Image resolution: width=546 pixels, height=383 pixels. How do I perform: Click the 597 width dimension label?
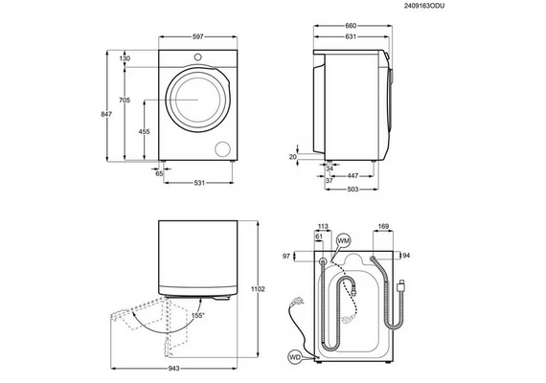(197, 36)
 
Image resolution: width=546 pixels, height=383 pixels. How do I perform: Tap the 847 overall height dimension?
(106, 114)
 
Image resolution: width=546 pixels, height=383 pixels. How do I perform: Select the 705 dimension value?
(125, 101)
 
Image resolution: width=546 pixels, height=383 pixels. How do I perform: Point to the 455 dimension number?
(144, 131)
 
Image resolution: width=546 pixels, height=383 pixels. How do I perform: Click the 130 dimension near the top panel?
(125, 58)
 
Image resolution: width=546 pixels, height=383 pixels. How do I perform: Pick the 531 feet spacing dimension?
(199, 183)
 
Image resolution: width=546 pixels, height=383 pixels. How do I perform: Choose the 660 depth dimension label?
(351, 26)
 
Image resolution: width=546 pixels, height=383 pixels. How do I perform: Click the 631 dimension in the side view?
(351, 36)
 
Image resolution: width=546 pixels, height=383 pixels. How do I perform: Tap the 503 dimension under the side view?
(353, 190)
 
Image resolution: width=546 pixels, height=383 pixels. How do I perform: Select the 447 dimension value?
(353, 176)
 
